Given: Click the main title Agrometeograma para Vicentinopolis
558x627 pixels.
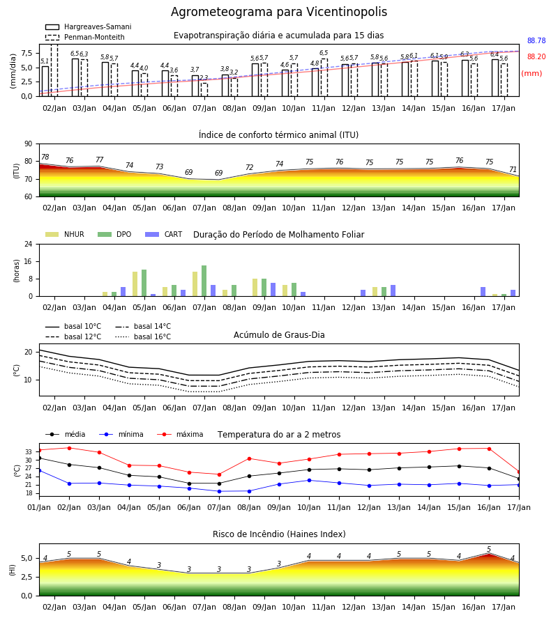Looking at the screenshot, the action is (x=278, y=12).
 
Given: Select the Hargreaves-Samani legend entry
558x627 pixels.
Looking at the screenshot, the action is (x=88, y=26).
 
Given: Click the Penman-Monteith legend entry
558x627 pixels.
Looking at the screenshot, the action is (x=85, y=37).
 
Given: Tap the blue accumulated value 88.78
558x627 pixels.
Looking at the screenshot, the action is (x=536, y=41).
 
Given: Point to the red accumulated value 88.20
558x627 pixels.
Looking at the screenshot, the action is (x=536, y=57).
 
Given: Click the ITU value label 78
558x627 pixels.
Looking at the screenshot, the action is (x=45, y=157).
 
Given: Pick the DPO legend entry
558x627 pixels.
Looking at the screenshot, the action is (x=114, y=234).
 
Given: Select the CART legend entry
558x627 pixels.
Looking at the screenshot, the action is (x=163, y=234).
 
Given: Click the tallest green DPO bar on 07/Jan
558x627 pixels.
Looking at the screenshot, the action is (x=204, y=281).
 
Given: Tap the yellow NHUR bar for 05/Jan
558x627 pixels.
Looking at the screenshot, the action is (x=135, y=284).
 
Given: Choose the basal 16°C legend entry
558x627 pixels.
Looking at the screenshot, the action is (x=143, y=336).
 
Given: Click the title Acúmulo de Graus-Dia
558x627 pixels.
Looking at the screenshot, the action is (x=279, y=335).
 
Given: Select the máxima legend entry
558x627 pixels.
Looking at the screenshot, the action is (x=180, y=434).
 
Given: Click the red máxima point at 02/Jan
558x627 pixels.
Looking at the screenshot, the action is (x=69, y=448).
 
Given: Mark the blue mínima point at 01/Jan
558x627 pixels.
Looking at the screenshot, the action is (x=40, y=471).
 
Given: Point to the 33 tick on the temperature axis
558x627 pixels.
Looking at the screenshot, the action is (x=29, y=452).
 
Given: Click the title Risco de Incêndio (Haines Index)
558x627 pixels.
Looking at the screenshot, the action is (x=279, y=534).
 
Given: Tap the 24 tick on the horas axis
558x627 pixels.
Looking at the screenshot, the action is (x=29, y=245).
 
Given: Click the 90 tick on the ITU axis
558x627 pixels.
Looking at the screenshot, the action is (x=29, y=144).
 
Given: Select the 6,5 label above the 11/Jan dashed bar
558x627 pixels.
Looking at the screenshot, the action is (x=324, y=53).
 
